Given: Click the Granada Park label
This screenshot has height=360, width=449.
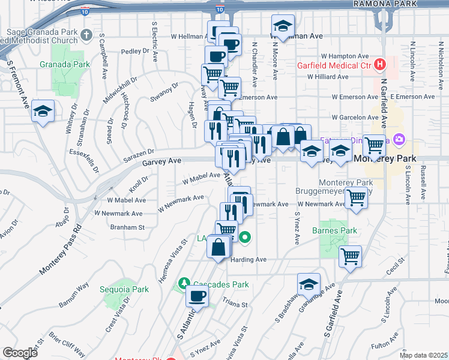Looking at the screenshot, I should coord(64,64).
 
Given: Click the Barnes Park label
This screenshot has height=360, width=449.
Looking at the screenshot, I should coord(334,230).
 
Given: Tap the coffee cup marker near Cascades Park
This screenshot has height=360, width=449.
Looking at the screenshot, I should coord(197,295).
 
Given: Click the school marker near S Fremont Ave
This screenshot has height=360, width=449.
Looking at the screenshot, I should coord(44,111).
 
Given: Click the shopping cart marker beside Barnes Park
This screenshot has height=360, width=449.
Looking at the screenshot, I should coord(350,257).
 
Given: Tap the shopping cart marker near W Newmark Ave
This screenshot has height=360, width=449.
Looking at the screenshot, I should coord(357,197).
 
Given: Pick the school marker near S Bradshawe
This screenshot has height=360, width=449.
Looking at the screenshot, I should coord(309,284).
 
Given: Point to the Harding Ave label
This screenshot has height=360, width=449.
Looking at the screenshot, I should coord(248,260).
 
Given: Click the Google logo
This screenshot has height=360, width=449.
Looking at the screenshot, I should coord(20,352).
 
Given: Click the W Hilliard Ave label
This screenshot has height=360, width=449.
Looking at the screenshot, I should coord(328,77).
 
